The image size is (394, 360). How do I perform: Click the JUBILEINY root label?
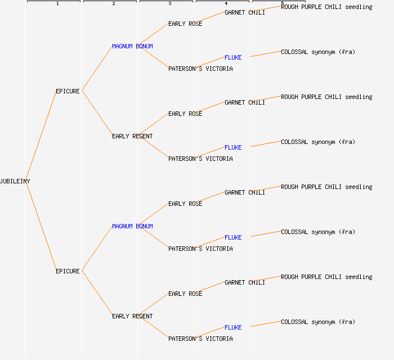pyautogui.click(x=15, y=181)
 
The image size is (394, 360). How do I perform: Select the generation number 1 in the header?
pyautogui.click(x=57, y=4)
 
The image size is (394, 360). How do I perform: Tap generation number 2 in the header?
pyautogui.click(x=114, y=4)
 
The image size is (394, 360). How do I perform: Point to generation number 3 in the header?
pyautogui.click(x=170, y=4)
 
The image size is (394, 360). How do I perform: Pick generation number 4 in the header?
pyautogui.click(x=226, y=4)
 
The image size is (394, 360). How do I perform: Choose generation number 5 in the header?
pyautogui.click(x=283, y=4)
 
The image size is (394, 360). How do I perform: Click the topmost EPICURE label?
pyautogui.click(x=68, y=91)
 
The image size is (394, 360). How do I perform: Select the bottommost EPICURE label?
pyautogui.click(x=68, y=271)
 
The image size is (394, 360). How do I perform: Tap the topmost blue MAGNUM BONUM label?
pyautogui.click(x=132, y=46)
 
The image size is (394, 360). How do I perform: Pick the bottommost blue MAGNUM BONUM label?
pyautogui.click(x=132, y=226)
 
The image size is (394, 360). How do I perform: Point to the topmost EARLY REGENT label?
pyautogui.click(x=132, y=136)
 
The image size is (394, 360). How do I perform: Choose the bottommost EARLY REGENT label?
pyautogui.click(x=132, y=316)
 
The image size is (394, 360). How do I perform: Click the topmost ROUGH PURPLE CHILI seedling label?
pyautogui.click(x=326, y=7)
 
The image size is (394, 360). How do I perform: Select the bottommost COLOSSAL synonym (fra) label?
pyautogui.click(x=318, y=322)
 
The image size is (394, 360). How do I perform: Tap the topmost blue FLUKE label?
pyautogui.click(x=233, y=57)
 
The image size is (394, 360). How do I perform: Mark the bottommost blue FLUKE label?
pyautogui.click(x=233, y=327)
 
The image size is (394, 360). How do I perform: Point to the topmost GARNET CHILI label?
pyautogui.click(x=245, y=12)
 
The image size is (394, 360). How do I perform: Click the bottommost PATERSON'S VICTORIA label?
pyautogui.click(x=200, y=339)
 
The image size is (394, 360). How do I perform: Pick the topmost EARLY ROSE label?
pyautogui.click(x=185, y=24)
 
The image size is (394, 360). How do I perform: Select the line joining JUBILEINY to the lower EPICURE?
pyautogui.click(x=41, y=226)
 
